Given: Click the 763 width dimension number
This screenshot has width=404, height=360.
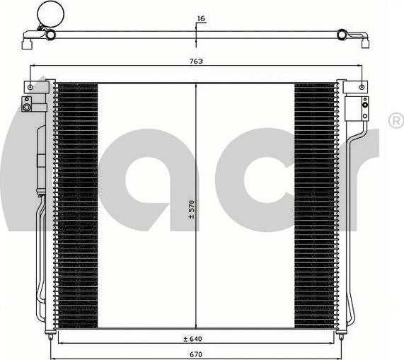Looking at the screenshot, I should [x=197, y=62].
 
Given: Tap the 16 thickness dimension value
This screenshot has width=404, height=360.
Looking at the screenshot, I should [x=201, y=18].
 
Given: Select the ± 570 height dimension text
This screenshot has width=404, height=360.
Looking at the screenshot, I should [x=191, y=209].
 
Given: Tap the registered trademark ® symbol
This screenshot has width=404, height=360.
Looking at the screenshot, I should [x=396, y=122].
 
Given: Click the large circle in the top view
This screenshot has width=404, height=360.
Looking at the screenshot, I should [x=50, y=13].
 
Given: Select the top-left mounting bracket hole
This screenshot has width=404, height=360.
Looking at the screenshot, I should [x=30, y=87].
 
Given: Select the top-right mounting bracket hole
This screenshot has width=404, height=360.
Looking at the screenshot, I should [x=362, y=87].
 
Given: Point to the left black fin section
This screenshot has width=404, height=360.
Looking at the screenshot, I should [x=76, y=205].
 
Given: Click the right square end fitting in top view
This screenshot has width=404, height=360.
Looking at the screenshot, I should [x=365, y=42].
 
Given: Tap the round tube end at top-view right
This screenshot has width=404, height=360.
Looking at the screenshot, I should [x=342, y=34].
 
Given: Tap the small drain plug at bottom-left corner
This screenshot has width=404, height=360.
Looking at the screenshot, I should [x=50, y=330].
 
